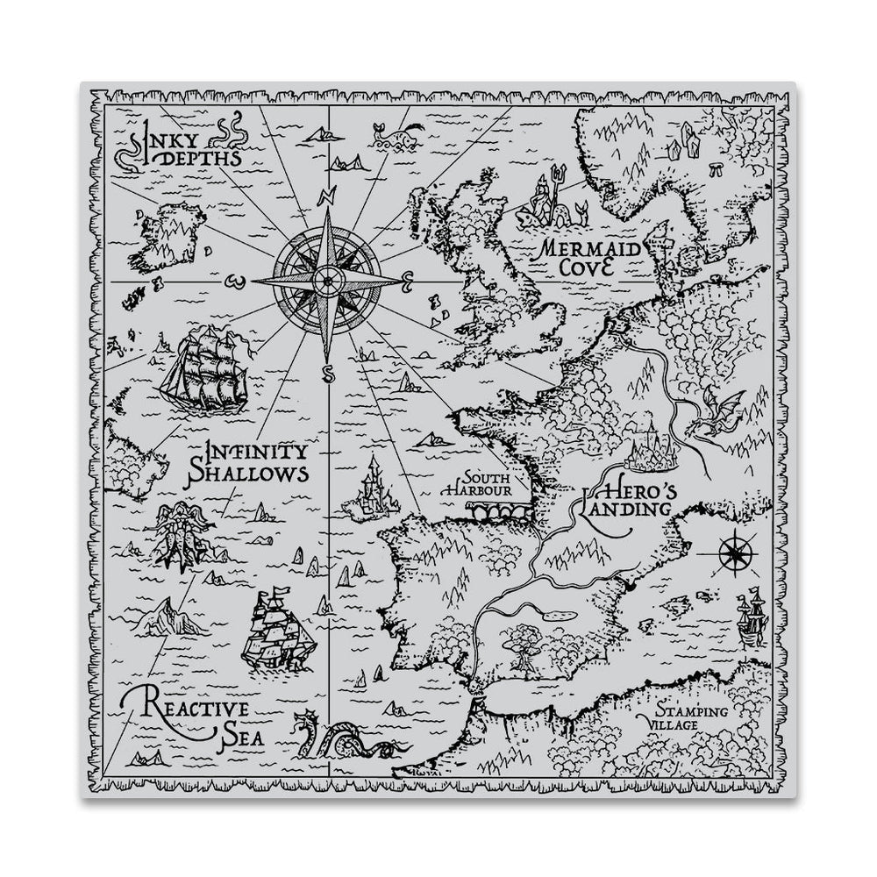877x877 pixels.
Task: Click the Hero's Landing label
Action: [x=622, y=500]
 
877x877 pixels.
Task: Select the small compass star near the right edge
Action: [x=732, y=553]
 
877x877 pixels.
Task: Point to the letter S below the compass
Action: [x=327, y=375]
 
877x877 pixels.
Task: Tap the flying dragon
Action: [x=714, y=412]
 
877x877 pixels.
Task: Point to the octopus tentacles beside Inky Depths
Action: [x=233, y=132]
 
